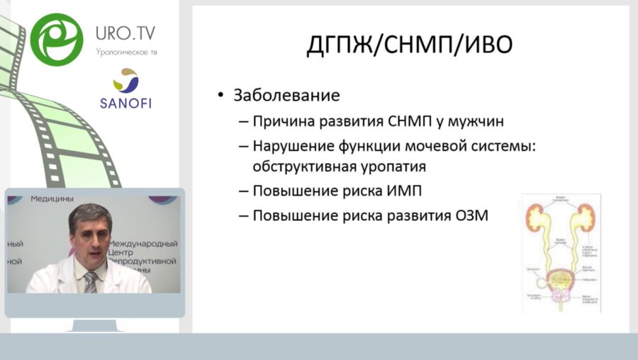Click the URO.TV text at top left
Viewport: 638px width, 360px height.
(x=125, y=33)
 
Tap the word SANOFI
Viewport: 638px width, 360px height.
(x=125, y=102)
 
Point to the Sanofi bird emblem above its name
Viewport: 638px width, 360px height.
(x=125, y=81)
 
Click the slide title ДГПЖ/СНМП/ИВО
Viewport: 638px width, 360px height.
(x=410, y=46)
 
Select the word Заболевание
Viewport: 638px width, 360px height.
(x=287, y=95)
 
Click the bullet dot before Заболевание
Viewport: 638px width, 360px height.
(x=221, y=95)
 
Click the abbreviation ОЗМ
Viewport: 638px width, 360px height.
(x=469, y=215)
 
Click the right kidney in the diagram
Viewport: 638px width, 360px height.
(x=584, y=215)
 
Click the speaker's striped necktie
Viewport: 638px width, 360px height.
(x=90, y=281)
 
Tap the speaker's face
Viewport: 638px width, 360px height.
(x=91, y=239)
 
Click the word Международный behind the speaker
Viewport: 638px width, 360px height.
(x=142, y=244)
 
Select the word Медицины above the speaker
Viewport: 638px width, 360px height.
(x=53, y=199)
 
